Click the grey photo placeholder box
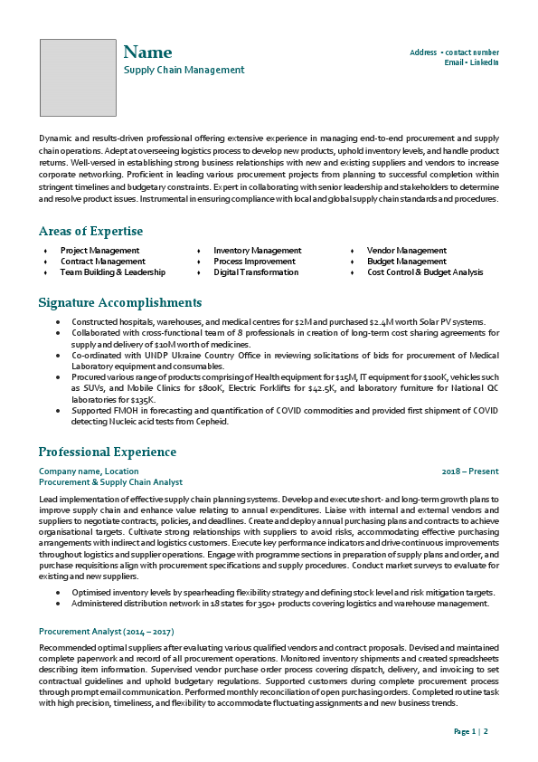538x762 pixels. (78, 77)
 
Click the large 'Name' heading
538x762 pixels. (147, 52)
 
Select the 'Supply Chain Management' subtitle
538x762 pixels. (184, 70)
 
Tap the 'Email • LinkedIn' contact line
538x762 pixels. (471, 62)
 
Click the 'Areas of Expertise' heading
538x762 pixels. (90, 231)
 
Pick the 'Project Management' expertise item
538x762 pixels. (99, 251)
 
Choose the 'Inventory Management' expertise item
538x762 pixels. (258, 251)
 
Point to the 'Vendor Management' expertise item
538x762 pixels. (407, 251)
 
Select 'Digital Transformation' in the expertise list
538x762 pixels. (256, 272)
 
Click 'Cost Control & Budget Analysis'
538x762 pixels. (425, 272)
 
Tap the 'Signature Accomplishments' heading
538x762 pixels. (120, 302)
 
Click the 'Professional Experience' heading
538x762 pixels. (108, 452)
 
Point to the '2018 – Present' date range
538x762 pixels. (470, 471)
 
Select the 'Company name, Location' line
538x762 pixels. (89, 471)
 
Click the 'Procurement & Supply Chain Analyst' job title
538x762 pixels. (110, 482)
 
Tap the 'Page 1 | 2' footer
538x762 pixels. (471, 730)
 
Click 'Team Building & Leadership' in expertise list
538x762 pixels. (113, 272)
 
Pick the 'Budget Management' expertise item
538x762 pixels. (407, 262)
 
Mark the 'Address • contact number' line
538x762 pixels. (454, 52)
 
